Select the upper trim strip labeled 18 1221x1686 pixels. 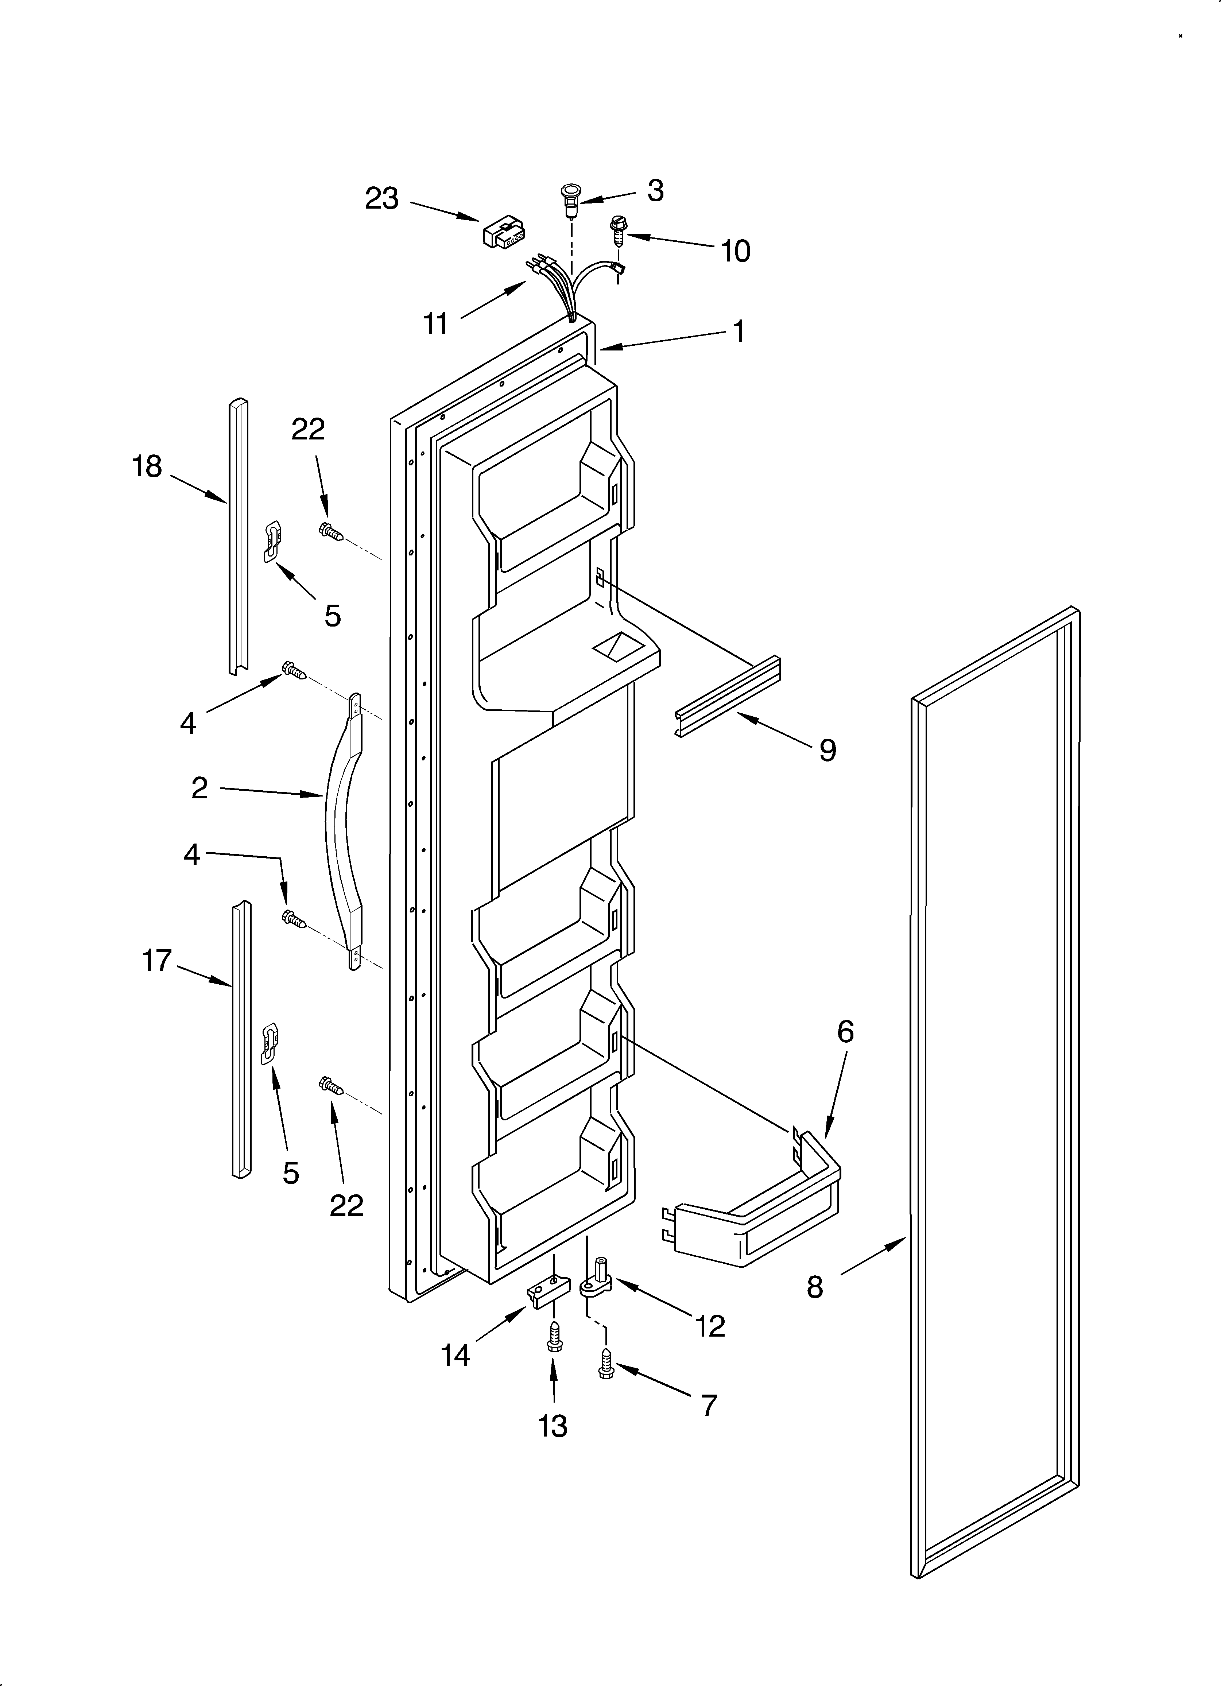point(238,535)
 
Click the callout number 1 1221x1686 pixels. point(739,331)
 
